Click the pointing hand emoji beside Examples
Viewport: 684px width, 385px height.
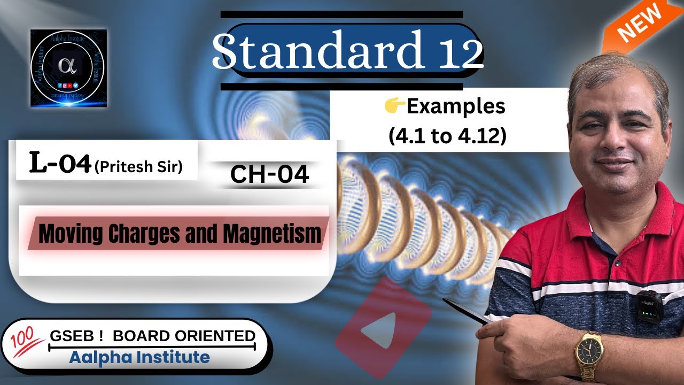[x=394, y=107]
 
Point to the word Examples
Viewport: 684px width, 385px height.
[x=455, y=107]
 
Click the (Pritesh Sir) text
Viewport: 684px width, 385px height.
[x=138, y=167]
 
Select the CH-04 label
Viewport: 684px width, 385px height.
[x=269, y=174]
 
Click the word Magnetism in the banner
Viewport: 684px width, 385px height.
[x=272, y=234]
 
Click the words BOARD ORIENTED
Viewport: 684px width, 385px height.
[x=184, y=336]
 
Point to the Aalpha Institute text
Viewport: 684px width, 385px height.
[x=139, y=357]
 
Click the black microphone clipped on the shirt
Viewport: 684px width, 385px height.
[x=649, y=306]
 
